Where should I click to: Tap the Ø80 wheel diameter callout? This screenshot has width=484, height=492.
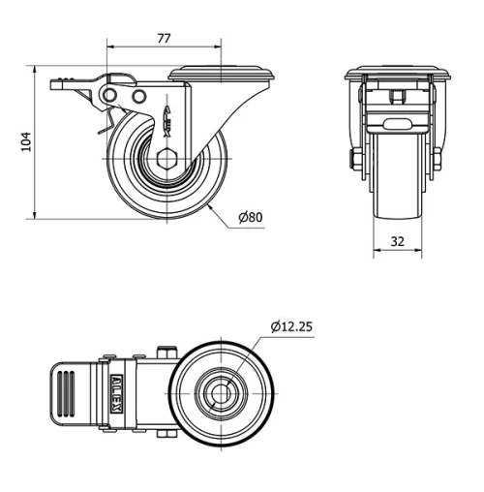tap(250, 217)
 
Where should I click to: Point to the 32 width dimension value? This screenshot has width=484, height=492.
tap(397, 243)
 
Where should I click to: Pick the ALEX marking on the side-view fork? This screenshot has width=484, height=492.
tap(168, 118)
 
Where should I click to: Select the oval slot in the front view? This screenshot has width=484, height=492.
tap(397, 124)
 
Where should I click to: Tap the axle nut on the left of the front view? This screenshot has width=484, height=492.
tap(357, 158)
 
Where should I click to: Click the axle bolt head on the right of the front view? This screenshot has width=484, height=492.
tap(439, 156)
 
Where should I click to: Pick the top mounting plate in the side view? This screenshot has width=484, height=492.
tap(224, 73)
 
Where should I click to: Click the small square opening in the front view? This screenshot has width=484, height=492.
tap(397, 96)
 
